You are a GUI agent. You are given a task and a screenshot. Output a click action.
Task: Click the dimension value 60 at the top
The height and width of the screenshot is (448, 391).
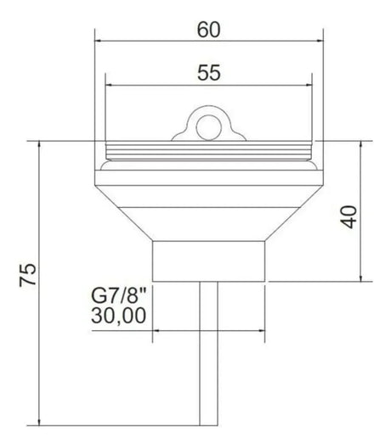(208, 30)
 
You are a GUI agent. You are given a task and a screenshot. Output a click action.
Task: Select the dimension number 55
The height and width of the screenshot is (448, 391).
(209, 73)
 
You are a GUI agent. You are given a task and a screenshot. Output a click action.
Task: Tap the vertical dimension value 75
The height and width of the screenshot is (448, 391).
(28, 275)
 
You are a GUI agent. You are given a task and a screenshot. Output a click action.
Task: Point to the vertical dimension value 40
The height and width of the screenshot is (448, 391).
(350, 217)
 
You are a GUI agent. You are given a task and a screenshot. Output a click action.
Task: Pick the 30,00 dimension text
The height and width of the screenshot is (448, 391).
(118, 316)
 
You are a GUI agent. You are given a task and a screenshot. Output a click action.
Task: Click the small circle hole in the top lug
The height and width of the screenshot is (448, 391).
(208, 127)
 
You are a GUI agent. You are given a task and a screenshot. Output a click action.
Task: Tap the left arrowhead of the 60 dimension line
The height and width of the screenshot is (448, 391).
(99, 41)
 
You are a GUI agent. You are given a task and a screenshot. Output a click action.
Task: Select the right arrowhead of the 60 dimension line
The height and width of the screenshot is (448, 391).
(320, 41)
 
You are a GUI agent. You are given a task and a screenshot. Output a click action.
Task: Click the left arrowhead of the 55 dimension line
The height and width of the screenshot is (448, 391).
(109, 85)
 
